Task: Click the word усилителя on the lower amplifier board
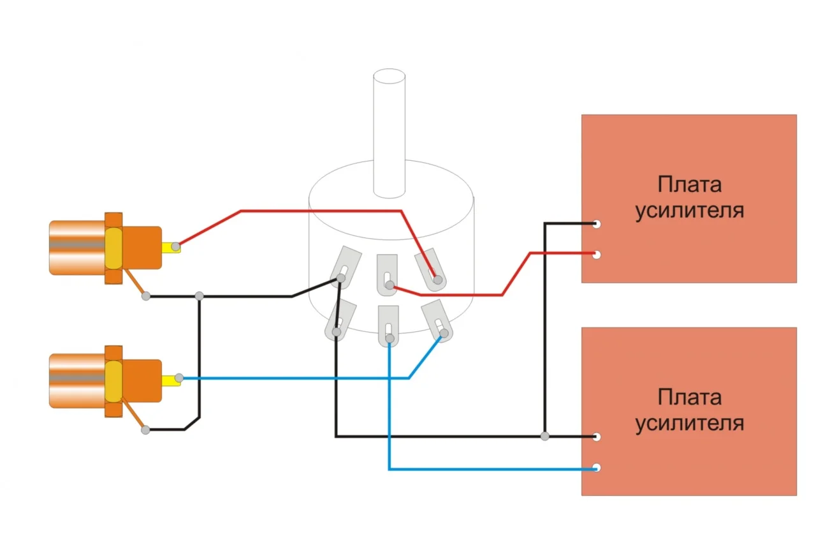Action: [x=689, y=422]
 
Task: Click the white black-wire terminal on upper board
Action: [x=597, y=224]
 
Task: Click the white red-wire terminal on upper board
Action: [x=597, y=255]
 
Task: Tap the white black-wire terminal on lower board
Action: [x=597, y=437]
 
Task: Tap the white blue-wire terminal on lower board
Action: [x=597, y=468]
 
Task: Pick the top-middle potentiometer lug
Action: [x=387, y=274]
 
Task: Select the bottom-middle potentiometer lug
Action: [x=388, y=325]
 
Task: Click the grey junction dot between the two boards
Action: [x=544, y=437]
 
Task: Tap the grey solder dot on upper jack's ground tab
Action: [x=146, y=296]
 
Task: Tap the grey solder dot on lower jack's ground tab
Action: [x=146, y=430]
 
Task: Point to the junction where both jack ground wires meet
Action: [x=200, y=296]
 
